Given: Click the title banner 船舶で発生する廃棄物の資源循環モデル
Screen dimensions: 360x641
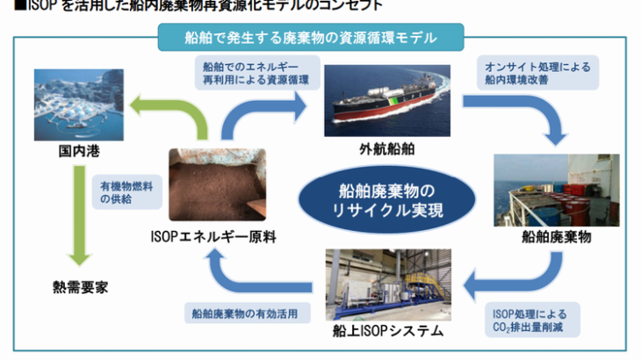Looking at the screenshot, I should click(x=311, y=38).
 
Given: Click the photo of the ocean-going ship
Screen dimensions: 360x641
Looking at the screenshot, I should click(x=386, y=100).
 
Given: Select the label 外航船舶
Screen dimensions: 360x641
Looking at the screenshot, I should click(x=386, y=149).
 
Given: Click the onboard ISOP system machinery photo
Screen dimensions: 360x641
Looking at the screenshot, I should click(x=386, y=283).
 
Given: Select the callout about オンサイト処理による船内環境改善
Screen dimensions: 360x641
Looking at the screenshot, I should click(x=536, y=73).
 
